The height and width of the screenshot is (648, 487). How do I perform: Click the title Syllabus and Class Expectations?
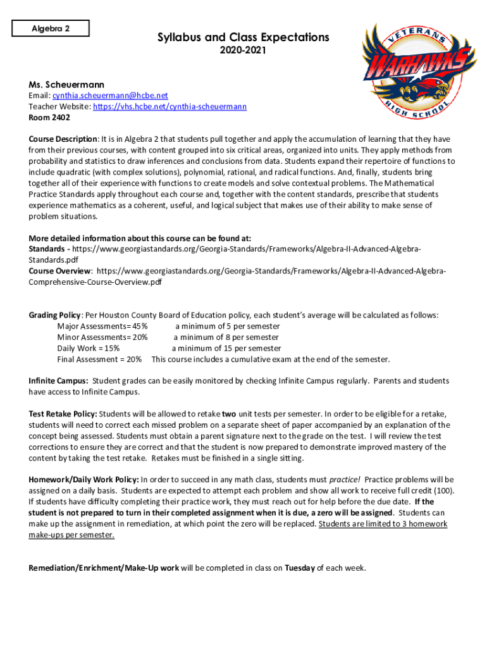244,38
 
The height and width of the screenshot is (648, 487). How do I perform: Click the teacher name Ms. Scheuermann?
66,85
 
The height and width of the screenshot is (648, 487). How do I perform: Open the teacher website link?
170,107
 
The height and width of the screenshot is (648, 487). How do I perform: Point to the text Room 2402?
49,118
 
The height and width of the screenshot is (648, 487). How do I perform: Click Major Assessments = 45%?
102,327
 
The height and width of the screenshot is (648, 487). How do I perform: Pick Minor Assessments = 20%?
102,337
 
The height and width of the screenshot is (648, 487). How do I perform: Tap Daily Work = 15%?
88,348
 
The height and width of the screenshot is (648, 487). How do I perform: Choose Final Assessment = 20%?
99,359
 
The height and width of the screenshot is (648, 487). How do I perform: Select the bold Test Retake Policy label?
63,414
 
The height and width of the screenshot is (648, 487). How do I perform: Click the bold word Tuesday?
300,568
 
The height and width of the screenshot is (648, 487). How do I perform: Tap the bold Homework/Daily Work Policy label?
83,480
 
